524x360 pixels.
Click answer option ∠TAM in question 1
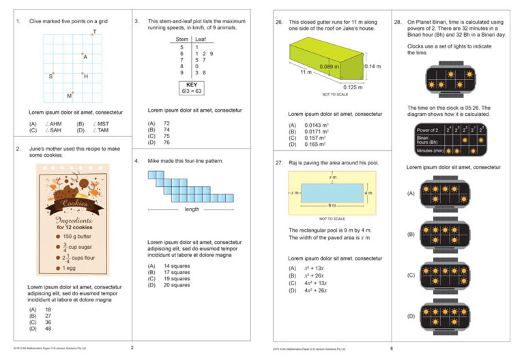pos(100,130)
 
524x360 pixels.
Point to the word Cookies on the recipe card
pos(74,203)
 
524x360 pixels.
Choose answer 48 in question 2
pos(48,329)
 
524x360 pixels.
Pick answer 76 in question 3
pos(166,142)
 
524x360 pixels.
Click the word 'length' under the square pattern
pos(192,209)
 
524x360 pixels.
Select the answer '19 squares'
pos(177,279)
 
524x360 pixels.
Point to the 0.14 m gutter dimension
pos(373,65)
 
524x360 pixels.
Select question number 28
pos(398,22)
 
